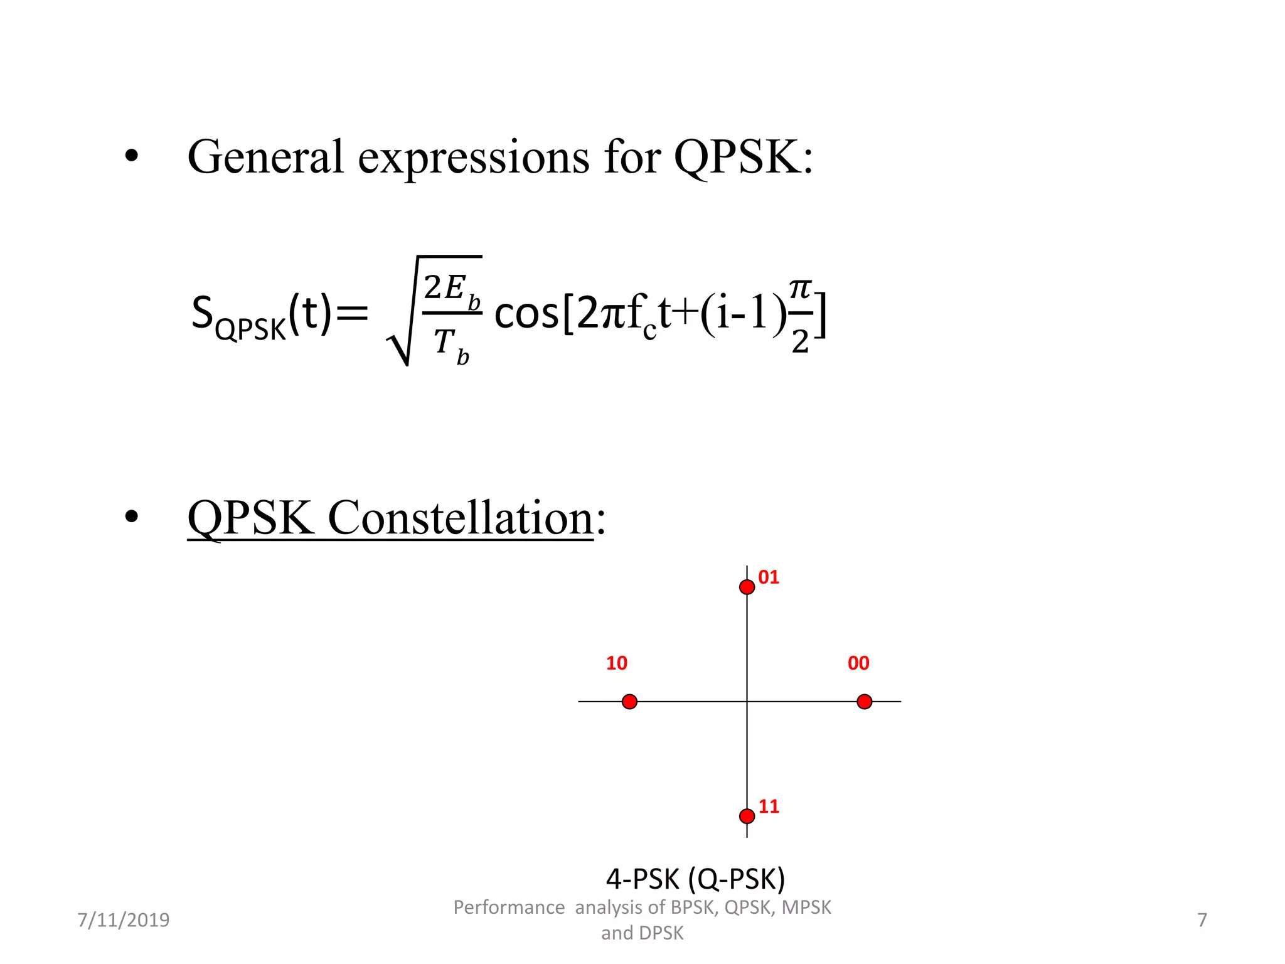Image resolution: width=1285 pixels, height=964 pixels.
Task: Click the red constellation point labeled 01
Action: pyautogui.click(x=747, y=587)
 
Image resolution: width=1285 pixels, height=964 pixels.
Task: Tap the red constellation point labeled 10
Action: pyautogui.click(x=629, y=702)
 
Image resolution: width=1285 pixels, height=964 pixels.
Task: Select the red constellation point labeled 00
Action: pyautogui.click(x=864, y=702)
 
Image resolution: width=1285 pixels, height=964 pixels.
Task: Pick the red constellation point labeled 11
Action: pyautogui.click(x=747, y=816)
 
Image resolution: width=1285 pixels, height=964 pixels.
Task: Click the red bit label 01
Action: pyautogui.click(x=769, y=577)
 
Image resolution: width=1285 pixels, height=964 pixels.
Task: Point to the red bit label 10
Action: pyautogui.click(x=616, y=663)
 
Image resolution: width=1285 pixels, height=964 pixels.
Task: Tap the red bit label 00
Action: pyautogui.click(x=858, y=663)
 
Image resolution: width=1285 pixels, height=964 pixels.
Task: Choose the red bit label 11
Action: pyautogui.click(x=769, y=806)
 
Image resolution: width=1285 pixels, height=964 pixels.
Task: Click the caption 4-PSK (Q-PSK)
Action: pyautogui.click(x=695, y=879)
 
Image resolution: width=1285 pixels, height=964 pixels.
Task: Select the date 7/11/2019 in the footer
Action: pyautogui.click(x=124, y=920)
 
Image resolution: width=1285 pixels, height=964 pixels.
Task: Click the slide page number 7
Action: pyautogui.click(x=1202, y=920)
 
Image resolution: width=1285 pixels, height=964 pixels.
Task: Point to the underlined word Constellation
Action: pyautogui.click(x=461, y=518)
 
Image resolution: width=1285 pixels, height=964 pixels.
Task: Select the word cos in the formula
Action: pyautogui.click(x=526, y=314)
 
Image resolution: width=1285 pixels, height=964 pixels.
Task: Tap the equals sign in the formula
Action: pyautogui.click(x=352, y=313)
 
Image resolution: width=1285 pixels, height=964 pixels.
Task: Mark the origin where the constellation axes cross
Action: pyautogui.click(x=747, y=702)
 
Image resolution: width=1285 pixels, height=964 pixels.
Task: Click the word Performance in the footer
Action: pyautogui.click(x=509, y=908)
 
